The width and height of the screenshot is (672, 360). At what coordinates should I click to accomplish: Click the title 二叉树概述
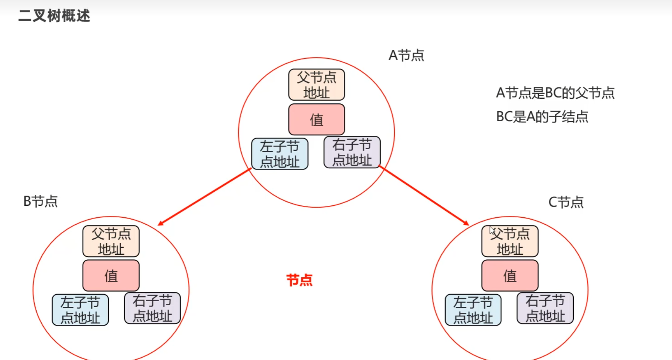point(54,16)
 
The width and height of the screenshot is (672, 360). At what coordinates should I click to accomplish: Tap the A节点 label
point(406,56)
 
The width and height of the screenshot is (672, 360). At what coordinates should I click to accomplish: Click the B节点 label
point(41,201)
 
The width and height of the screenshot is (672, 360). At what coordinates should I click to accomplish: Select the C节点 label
point(566,202)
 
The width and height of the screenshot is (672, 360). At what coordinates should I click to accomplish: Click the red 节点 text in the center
point(299,280)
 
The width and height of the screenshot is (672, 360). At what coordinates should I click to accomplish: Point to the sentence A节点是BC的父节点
point(555,93)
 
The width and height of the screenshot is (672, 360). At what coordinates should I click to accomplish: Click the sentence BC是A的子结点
point(542,117)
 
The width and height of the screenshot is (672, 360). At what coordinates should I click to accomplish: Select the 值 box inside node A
point(317,119)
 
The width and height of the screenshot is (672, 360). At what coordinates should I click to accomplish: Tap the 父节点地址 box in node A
point(317,85)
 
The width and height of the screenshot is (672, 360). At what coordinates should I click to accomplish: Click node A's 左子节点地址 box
point(280,154)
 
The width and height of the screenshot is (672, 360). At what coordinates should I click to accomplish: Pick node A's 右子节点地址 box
point(352,152)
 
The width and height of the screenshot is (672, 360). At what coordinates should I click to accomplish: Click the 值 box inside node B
point(111,275)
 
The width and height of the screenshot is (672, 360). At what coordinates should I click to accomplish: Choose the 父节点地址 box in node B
point(111,241)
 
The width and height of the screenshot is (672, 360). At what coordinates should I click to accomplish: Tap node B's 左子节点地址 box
point(80,310)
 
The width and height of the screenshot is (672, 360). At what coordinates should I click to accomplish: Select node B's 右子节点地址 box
point(152,308)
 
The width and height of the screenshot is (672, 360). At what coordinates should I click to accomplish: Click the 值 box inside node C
point(510,275)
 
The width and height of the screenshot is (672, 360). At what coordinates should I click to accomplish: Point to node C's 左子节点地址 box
point(473,310)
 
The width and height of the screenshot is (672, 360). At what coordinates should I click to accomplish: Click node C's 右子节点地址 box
point(545,308)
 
